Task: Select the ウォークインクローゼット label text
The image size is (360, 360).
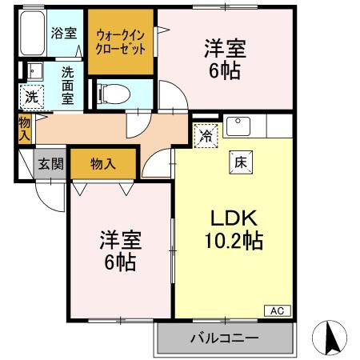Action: click(121, 42)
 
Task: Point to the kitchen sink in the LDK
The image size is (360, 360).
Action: click(238, 126)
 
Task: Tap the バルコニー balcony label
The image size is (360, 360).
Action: click(224, 338)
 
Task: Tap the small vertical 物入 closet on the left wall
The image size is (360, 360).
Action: click(24, 129)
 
